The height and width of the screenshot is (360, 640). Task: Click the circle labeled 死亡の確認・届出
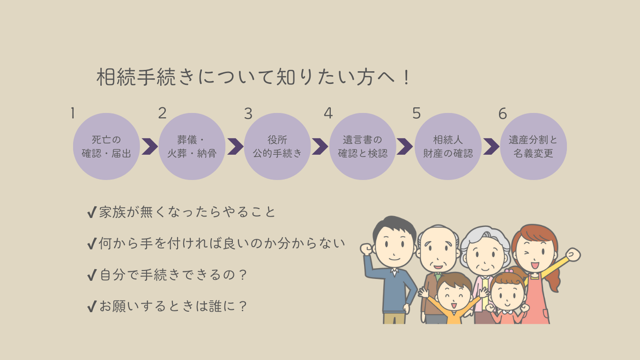(x=106, y=146)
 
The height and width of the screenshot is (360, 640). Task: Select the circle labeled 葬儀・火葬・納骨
(x=192, y=146)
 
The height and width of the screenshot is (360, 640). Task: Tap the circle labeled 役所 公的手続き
(x=277, y=146)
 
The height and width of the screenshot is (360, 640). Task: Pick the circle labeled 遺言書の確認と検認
(x=363, y=146)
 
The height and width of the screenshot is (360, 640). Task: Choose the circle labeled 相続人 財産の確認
(x=448, y=146)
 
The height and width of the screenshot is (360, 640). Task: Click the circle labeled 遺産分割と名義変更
(x=534, y=146)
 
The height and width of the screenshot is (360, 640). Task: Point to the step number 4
(x=328, y=113)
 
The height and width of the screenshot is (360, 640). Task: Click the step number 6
(x=503, y=113)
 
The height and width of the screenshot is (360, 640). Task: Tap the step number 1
(x=73, y=113)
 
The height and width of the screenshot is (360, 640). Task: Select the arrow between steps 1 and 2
(x=150, y=147)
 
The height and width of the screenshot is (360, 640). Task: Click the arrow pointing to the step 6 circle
(x=491, y=147)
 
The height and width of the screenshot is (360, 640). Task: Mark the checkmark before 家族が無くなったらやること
(x=92, y=212)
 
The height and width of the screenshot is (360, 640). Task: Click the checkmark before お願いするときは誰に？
(x=92, y=306)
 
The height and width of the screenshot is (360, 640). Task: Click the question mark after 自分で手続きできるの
(x=243, y=275)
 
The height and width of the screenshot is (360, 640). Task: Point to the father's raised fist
(x=366, y=249)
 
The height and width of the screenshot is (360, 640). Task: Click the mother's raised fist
(x=573, y=255)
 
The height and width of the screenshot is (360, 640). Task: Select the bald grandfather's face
(x=438, y=249)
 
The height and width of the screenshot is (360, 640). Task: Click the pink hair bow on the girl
(x=509, y=270)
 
